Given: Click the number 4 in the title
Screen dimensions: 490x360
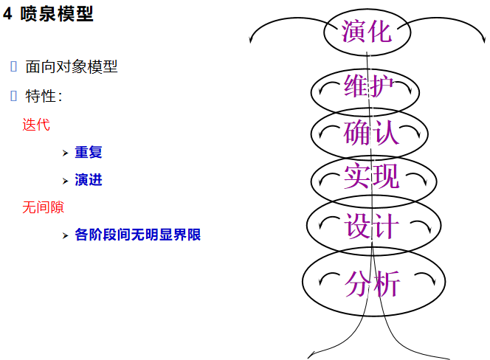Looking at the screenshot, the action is [7, 14].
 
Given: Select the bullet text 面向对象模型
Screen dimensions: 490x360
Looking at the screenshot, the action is [72, 67].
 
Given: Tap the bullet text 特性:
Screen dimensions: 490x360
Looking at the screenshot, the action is [44, 96].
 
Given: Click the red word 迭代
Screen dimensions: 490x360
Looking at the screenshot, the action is [36, 125].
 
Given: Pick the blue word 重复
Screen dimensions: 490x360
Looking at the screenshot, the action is [89, 153].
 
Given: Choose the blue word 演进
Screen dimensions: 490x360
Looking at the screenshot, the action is [89, 180].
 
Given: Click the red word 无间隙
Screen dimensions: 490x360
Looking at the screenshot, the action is [43, 207].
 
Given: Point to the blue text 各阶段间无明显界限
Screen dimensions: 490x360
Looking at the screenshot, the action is [138, 235].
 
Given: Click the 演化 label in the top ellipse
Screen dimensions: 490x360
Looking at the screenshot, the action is [367, 31].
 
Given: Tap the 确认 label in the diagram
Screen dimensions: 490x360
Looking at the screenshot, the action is [371, 133].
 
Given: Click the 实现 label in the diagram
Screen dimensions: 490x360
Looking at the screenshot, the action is [371, 178].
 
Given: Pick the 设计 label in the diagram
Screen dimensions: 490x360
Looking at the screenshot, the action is [372, 226].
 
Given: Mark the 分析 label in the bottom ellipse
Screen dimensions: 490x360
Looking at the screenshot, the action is [373, 282].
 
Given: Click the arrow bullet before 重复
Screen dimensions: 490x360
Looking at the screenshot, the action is [65, 153].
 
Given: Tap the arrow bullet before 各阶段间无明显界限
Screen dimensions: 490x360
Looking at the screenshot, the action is [65, 236].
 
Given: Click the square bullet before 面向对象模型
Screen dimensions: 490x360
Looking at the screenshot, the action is [14, 67].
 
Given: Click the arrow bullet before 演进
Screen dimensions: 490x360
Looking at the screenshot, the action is [65, 181].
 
